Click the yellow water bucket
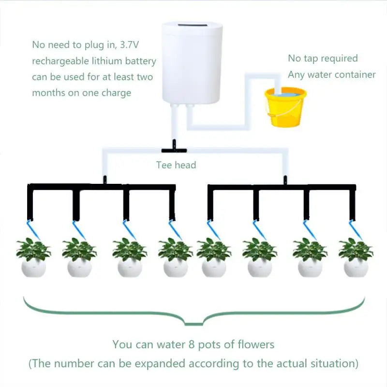tap(285, 107)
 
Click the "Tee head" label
tap(176, 165)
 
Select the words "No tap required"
tap(323, 59)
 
